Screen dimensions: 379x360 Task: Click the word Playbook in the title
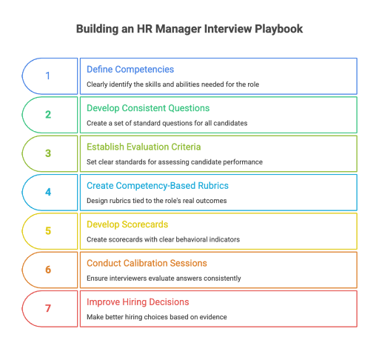(278, 29)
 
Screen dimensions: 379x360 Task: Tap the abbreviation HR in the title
(144, 29)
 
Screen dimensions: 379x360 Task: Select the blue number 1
(48, 76)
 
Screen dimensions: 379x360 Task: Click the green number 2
(48, 115)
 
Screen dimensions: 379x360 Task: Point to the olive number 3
(48, 153)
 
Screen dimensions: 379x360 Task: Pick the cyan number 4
(48, 192)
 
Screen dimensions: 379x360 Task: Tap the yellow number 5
(48, 231)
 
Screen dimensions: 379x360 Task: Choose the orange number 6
(48, 270)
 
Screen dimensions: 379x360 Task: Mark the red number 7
(48, 308)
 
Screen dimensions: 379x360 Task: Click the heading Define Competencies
(130, 70)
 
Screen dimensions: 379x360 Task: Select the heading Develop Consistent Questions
(148, 108)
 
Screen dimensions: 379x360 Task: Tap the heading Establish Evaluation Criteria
(144, 147)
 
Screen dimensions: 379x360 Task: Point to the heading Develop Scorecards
(127, 224)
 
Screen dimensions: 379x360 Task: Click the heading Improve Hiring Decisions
(138, 302)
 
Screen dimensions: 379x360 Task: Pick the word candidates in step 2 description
(230, 123)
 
